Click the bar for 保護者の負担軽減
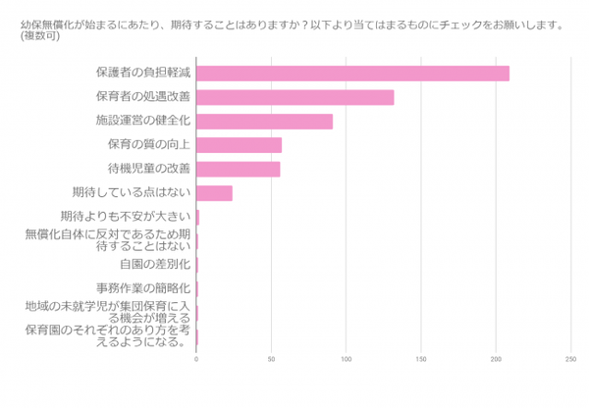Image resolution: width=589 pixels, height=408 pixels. (352, 74)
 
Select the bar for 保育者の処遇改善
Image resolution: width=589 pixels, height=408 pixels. (295, 97)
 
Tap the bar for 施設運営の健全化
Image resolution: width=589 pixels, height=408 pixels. (265, 122)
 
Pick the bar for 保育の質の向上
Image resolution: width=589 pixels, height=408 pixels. (240, 145)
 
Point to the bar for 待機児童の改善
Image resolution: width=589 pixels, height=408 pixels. (239, 169)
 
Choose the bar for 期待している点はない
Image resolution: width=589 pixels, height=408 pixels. (215, 193)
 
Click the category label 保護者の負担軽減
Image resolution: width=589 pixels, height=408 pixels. (142, 74)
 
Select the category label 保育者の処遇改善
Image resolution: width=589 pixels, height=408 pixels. (142, 97)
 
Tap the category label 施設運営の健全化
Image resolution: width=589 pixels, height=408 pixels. (142, 122)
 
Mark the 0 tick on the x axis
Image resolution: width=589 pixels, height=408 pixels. (197, 360)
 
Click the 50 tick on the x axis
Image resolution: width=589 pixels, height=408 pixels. (272, 360)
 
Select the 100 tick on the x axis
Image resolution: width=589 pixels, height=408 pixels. (347, 360)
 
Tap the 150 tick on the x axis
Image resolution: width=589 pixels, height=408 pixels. (421, 360)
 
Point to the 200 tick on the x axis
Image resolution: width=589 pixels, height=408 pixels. (496, 360)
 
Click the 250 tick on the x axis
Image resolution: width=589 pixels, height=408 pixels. (570, 360)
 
